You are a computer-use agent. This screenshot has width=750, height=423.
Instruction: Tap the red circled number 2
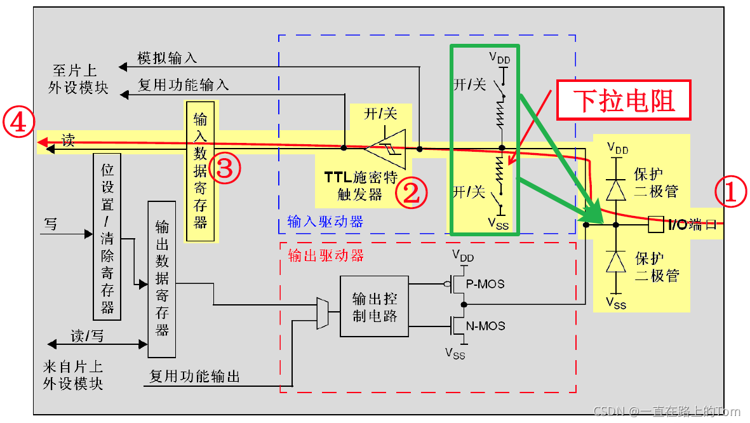point(412,193)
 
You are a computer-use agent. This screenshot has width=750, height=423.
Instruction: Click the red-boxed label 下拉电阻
point(624,100)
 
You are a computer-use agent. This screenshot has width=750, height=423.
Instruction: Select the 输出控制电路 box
point(375,306)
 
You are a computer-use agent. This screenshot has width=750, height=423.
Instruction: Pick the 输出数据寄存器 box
point(161,278)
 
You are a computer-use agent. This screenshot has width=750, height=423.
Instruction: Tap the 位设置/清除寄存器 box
point(107,236)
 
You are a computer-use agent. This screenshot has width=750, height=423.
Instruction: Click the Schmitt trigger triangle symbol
point(386,147)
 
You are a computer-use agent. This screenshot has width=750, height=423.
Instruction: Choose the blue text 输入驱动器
point(325,221)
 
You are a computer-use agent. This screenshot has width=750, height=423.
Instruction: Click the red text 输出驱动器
point(326,255)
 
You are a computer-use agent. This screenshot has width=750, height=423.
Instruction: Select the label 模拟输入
point(167,58)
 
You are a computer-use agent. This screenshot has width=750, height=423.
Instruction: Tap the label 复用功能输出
point(194,376)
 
